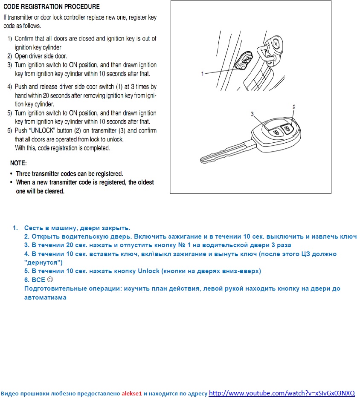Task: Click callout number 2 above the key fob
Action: coord(294,107)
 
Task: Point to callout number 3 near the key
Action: coord(252,114)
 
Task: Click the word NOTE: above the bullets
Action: coord(18,163)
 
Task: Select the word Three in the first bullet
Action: coord(23,174)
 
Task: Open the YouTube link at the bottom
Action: coord(282,393)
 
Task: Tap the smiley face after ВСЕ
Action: coord(50,280)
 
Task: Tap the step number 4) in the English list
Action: coord(10,87)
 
